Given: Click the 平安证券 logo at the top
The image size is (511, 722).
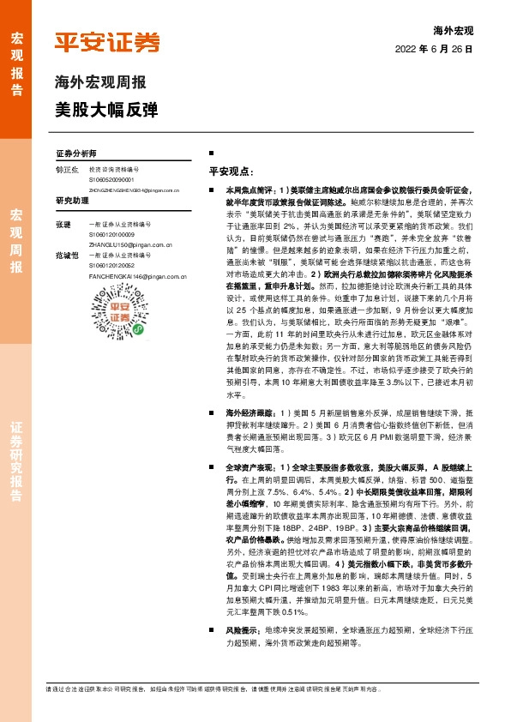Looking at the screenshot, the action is [106, 42].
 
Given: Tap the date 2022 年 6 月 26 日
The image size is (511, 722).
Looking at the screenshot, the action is [435, 50].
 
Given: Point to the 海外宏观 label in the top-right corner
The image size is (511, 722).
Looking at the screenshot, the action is [454, 31].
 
